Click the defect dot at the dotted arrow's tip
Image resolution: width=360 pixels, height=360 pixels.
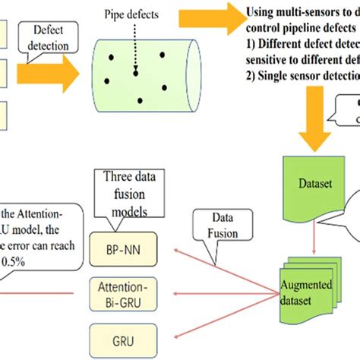135,74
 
